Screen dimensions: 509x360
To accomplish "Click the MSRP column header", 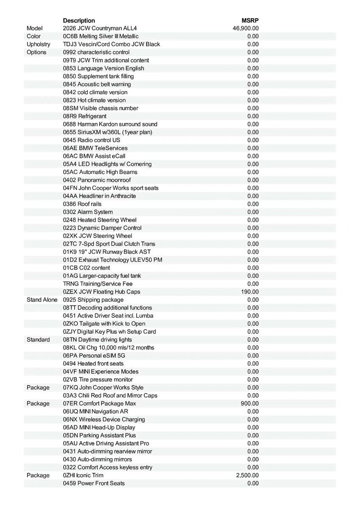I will tap(250, 20).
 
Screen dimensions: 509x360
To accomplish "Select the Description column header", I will tap(79, 20).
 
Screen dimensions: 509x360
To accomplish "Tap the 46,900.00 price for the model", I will tap(246, 28).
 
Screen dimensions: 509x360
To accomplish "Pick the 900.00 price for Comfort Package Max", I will tap(250, 403).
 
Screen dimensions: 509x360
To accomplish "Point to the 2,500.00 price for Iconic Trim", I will tap(247, 475).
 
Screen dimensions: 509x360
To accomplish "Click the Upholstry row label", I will tap(38, 45).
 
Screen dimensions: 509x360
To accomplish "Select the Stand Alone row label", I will tap(42, 300).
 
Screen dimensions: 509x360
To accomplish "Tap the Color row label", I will tap(34, 36).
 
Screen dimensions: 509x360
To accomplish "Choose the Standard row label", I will tap(38, 340).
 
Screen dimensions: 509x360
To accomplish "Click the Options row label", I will tap(37, 52).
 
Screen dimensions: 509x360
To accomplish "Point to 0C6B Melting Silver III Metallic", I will tap(101, 36).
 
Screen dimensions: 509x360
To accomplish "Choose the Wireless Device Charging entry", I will tap(104, 420).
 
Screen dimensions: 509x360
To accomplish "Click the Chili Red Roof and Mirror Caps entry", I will tap(110, 396).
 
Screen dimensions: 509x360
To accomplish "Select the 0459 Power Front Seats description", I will tap(94, 484).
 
